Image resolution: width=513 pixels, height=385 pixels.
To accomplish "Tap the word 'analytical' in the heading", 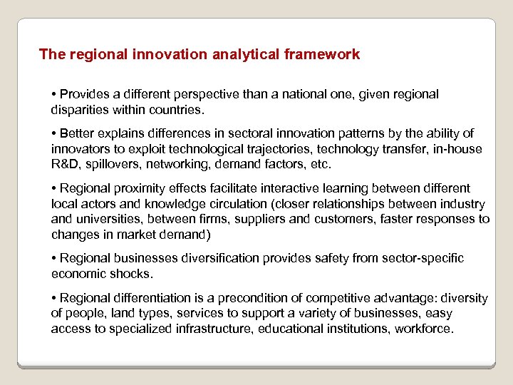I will point(242,54).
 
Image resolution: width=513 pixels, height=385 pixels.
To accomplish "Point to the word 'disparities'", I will point(80,109).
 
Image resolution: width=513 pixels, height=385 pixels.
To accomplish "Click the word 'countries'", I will point(175,109).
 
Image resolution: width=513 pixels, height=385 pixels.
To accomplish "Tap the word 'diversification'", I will point(202,258).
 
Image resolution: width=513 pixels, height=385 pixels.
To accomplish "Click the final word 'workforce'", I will point(425,329).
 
